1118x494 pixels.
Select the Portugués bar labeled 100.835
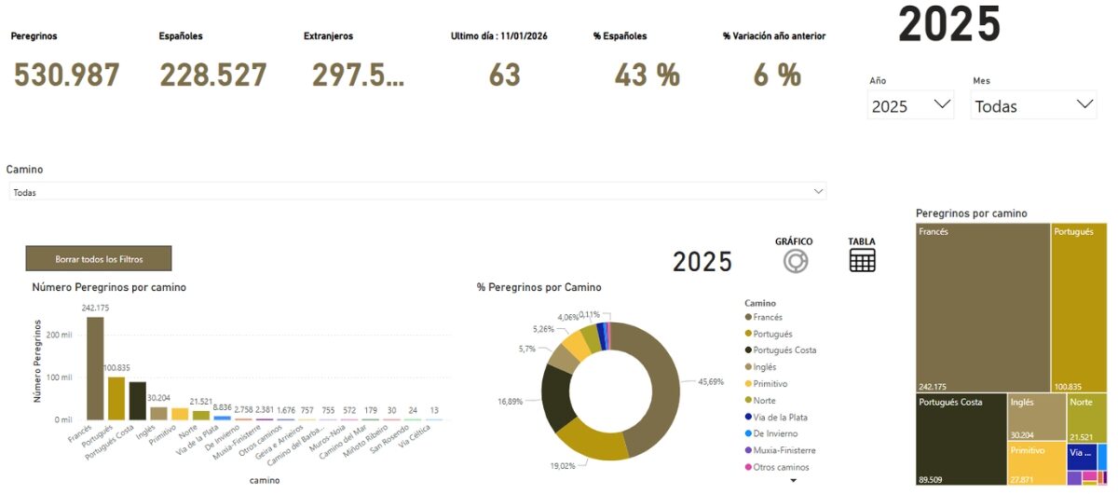116,398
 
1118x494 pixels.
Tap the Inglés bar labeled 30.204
159,413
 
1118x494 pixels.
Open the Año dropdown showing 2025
911,105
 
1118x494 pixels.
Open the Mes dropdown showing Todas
1034,105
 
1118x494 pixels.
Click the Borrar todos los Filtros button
99,258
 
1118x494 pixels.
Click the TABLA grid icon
863,260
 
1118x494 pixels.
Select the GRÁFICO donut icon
795,262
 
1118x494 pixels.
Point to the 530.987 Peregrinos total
66,75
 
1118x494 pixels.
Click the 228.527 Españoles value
213,75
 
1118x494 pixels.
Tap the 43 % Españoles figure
647,75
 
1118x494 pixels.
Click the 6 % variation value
777,75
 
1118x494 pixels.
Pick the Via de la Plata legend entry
780,417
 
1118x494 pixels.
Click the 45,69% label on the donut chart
711,381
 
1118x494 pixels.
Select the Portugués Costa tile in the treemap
961,439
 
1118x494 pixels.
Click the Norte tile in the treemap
1086,417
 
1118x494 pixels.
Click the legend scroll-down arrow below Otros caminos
794,480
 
